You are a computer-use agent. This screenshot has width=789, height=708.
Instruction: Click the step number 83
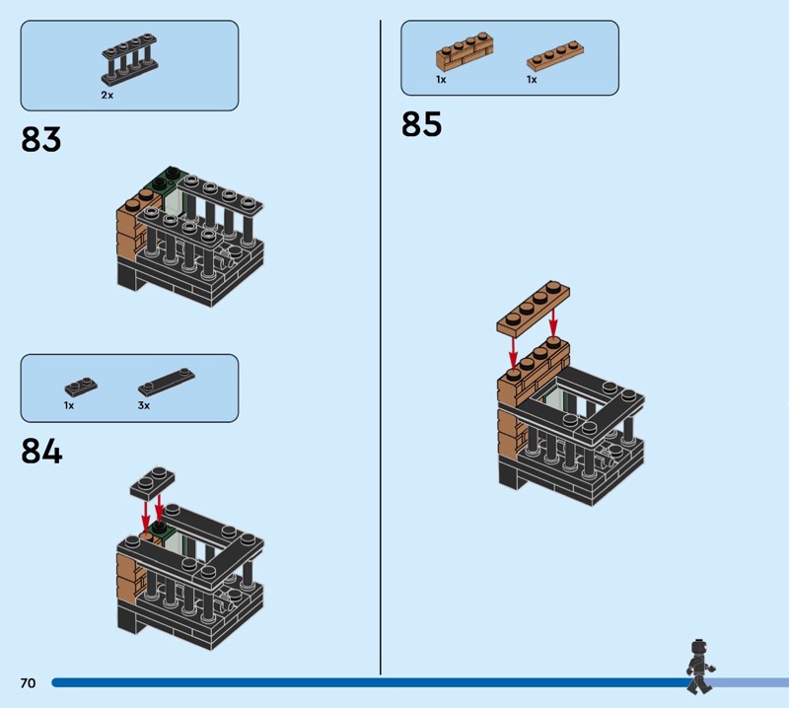(41, 139)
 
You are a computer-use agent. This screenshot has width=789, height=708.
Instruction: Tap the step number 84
(41, 451)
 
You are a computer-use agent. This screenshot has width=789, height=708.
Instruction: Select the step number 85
(421, 124)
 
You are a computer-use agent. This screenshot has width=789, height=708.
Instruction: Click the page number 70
(28, 683)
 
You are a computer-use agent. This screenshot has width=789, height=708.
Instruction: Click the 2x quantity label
(107, 96)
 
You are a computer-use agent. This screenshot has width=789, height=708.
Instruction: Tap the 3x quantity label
(144, 405)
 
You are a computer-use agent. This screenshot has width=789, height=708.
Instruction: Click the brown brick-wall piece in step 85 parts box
(464, 51)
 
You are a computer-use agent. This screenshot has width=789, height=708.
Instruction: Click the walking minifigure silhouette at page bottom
(700, 666)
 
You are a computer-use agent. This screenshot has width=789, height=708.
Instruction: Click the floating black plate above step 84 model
(152, 482)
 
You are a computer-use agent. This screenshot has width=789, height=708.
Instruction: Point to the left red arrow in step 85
(512, 347)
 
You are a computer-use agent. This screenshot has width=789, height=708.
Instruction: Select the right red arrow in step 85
(553, 320)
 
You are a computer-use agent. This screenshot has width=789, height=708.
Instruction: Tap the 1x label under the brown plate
(532, 80)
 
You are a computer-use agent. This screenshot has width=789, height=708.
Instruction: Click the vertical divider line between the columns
(381, 345)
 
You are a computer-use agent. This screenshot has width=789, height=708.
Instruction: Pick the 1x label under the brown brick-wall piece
(441, 80)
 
